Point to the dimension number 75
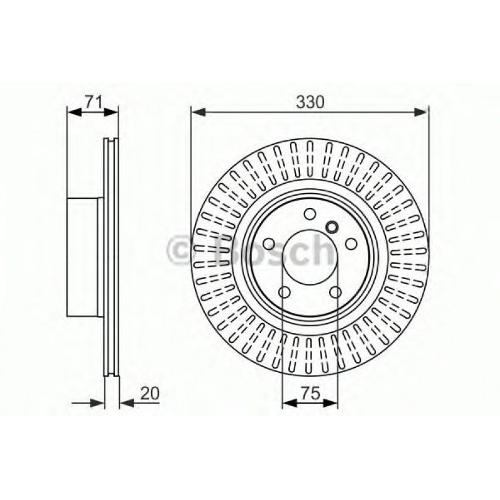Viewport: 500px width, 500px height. pyautogui.click(x=310, y=393)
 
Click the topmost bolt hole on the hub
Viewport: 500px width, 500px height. pyautogui.click(x=309, y=215)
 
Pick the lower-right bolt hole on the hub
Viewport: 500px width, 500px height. pyautogui.click(x=335, y=293)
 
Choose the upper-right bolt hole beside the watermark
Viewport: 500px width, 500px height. pyautogui.click(x=352, y=243)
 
